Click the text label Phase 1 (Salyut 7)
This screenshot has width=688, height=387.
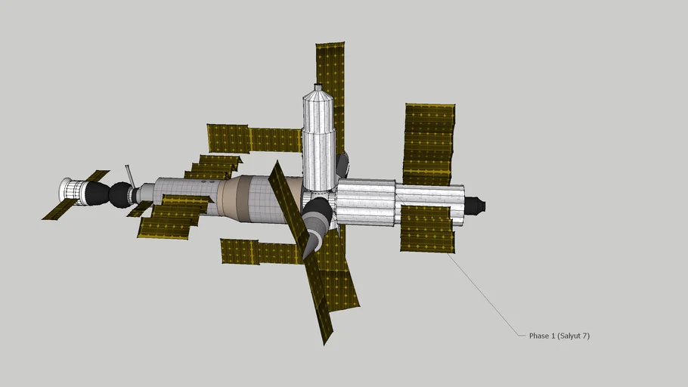click(559, 336)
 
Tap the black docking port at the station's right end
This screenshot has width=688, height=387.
click(475, 205)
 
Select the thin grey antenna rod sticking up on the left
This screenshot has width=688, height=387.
click(130, 175)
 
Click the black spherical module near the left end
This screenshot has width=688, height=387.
click(119, 195)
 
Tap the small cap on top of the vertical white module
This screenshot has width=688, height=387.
click(318, 88)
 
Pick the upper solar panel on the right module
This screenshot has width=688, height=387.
click(429, 144)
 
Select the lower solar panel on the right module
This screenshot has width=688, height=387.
click(427, 229)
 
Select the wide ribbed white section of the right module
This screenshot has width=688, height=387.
click(365, 202)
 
